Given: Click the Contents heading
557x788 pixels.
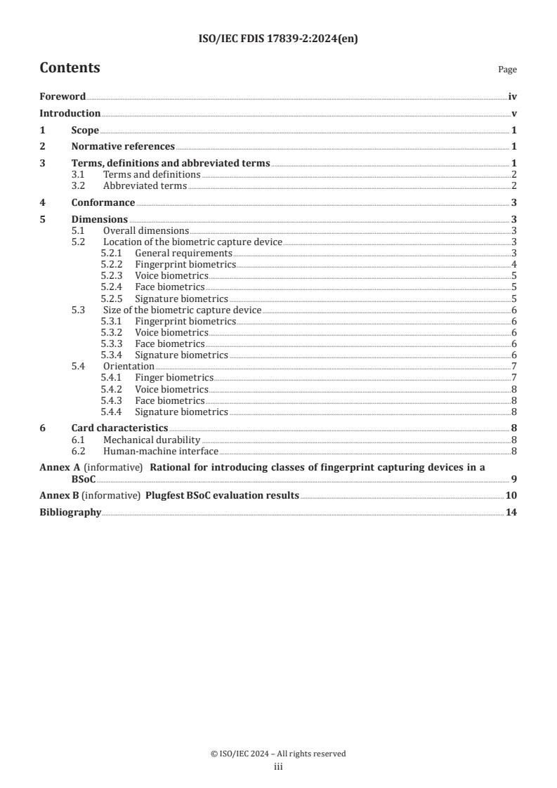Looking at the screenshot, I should (70, 68).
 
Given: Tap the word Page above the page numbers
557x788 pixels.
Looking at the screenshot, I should (507, 70).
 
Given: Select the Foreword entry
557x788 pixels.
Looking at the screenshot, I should (63, 97).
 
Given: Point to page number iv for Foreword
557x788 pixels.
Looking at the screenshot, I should (513, 97).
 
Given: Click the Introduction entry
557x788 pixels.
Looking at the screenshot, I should (70, 113).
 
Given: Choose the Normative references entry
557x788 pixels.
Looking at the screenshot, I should (123, 147).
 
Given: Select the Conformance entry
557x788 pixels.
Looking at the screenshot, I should (103, 202).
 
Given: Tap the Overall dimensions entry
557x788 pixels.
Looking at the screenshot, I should (146, 230).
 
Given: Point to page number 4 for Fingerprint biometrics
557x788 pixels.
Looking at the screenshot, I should (514, 264).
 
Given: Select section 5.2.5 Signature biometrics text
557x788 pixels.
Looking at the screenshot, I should (181, 298).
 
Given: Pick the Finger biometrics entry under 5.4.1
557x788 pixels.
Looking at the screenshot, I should (174, 377).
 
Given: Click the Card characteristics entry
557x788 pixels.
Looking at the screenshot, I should (119, 428).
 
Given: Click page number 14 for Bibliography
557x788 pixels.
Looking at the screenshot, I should (511, 512).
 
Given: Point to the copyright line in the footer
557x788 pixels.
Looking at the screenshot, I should (278, 754).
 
